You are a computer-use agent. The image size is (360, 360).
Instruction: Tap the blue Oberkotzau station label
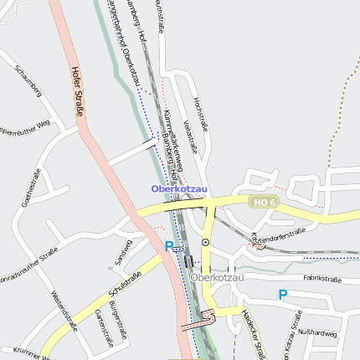pyautogui.click(x=179, y=189)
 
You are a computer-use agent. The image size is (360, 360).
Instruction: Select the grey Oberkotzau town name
pyautogui.click(x=217, y=277)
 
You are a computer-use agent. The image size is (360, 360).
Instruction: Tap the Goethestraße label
pyautogui.click(x=31, y=188)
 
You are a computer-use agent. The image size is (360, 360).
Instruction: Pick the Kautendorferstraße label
pyautogui.click(x=277, y=238)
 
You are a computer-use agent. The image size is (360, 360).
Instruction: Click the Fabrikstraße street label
pyautogui.click(x=322, y=279)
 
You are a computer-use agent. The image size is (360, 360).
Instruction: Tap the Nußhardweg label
pyautogui.click(x=318, y=333)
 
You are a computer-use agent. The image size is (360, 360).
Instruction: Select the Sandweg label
pyautogui.click(x=123, y=254)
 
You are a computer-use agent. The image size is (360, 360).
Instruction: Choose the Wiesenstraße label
pyautogui.click(x=64, y=311)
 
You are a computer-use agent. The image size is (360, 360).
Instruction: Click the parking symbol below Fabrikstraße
pyautogui.click(x=282, y=294)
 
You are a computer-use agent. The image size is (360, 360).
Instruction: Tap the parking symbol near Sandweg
pyautogui.click(x=169, y=246)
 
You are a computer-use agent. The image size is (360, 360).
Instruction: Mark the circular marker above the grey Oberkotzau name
pyautogui.click(x=205, y=242)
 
